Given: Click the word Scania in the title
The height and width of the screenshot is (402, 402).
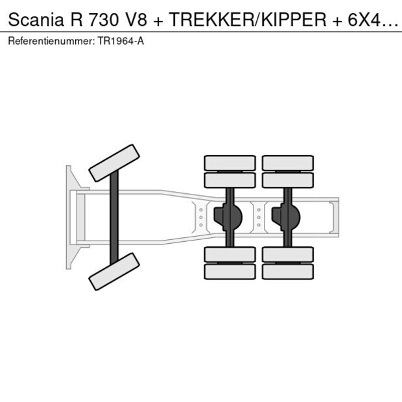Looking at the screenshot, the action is click(36, 19).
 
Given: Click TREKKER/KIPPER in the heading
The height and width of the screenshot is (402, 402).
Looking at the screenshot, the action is click(248, 19).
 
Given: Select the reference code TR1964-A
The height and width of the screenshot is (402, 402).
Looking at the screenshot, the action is click(121, 41).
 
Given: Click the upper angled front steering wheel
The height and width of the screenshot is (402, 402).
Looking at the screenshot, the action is click(114, 163).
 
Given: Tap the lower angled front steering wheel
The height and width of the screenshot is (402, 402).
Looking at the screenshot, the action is click(114, 272).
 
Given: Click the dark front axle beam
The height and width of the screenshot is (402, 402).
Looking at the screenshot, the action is click(114, 217).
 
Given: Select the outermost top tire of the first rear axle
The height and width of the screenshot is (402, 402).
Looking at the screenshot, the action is click(230, 163).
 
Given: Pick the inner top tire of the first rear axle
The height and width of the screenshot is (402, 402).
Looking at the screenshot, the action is click(230, 180).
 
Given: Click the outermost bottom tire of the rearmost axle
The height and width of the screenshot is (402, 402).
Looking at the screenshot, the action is click(288, 272).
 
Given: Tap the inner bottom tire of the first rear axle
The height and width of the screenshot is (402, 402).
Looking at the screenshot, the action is click(230, 254).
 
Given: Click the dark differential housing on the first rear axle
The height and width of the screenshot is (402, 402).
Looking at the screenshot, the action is click(228, 217).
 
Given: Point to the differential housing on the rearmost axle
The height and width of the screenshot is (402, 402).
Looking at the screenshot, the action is click(285, 217).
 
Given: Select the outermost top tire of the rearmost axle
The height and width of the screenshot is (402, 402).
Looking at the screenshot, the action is click(288, 163).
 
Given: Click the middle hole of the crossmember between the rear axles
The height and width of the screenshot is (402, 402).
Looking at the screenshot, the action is click(259, 217).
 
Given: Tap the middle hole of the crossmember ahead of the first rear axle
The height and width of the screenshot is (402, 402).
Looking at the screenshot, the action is click(201, 217).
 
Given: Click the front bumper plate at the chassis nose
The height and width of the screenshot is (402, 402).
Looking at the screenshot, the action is click(69, 217).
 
